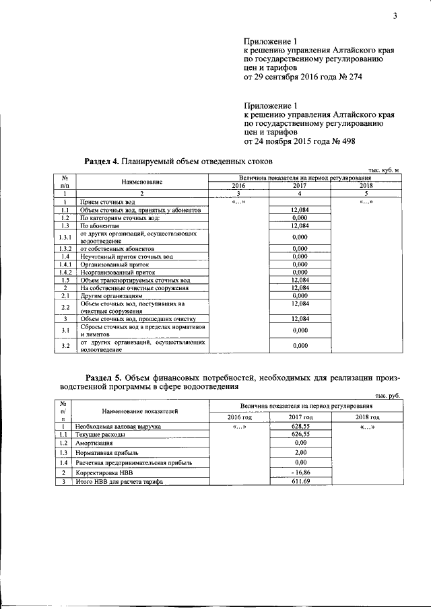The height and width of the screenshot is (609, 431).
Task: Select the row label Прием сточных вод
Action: (x=108, y=201)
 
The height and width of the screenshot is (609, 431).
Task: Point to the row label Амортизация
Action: (x=94, y=443)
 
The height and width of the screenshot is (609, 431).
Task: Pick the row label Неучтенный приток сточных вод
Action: (x=127, y=256)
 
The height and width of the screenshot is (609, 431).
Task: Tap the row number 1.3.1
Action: (x=65, y=237)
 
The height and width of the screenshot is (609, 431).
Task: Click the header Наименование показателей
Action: (x=140, y=410)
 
